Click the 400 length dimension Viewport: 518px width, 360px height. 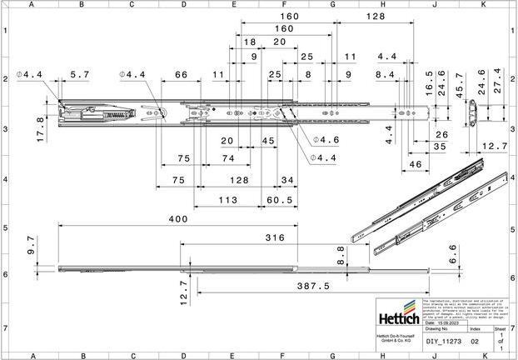point(176,218)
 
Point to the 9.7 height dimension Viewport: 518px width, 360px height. point(32,245)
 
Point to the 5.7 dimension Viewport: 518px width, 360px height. point(80,75)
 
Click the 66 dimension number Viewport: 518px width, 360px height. point(180,75)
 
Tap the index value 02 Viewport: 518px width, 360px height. point(475,340)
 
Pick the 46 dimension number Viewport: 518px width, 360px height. point(414,165)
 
